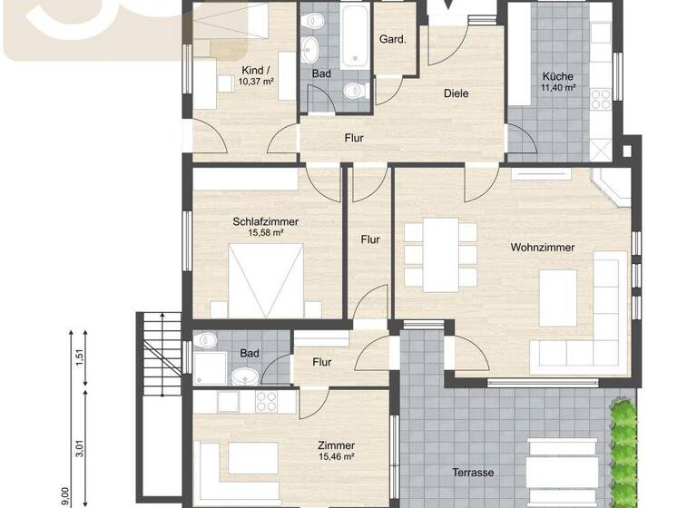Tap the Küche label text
pos(558,76)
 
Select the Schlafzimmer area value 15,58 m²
pos(266,233)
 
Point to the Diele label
pos(456,93)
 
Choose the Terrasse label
pos(473,473)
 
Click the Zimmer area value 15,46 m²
pos(336,457)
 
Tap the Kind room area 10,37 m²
pos(256,82)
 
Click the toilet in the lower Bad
pos(206,342)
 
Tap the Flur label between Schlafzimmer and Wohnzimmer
pos(370,239)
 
